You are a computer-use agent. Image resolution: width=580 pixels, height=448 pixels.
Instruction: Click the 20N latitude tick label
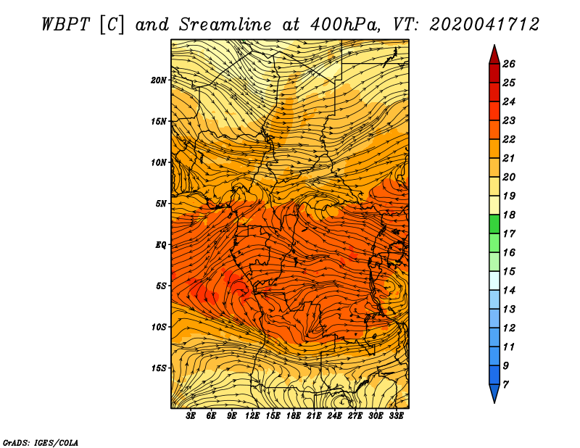click(x=159, y=80)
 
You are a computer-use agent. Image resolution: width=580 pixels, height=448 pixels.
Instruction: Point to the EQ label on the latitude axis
click(x=161, y=245)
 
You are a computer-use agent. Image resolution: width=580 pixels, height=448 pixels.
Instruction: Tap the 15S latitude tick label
click(x=159, y=368)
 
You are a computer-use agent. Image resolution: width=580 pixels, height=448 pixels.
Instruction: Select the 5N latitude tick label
click(x=161, y=204)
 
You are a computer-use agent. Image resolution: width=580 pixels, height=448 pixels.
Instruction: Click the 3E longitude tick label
click(x=191, y=416)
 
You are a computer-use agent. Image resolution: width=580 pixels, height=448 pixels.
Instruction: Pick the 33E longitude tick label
click(x=396, y=416)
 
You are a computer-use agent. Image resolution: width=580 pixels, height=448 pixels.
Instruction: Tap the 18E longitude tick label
click(x=294, y=416)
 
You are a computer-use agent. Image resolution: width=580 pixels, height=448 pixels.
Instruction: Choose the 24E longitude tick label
click(x=334, y=416)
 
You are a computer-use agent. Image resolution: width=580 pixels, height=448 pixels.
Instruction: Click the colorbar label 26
click(x=509, y=64)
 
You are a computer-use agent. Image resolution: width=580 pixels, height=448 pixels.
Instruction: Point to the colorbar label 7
click(x=505, y=385)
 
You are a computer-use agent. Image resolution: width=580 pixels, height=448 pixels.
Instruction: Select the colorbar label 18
click(x=509, y=215)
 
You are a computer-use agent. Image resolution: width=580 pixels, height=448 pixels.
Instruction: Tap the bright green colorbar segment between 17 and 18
click(x=494, y=224)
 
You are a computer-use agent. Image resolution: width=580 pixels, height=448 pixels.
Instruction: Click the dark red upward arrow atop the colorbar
click(x=494, y=55)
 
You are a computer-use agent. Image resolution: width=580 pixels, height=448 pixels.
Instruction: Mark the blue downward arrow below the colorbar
click(x=494, y=394)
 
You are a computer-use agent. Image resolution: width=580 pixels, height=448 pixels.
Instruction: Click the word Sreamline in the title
click(x=225, y=25)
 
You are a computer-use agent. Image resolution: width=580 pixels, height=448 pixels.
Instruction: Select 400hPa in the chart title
click(x=345, y=25)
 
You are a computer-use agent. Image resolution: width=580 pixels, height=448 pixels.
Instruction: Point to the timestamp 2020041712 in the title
click(x=484, y=25)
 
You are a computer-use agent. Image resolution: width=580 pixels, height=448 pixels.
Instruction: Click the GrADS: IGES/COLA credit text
click(x=41, y=443)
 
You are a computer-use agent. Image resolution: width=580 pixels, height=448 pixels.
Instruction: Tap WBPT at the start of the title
click(x=66, y=25)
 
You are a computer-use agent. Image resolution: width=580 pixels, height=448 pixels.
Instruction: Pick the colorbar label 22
click(x=509, y=139)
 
